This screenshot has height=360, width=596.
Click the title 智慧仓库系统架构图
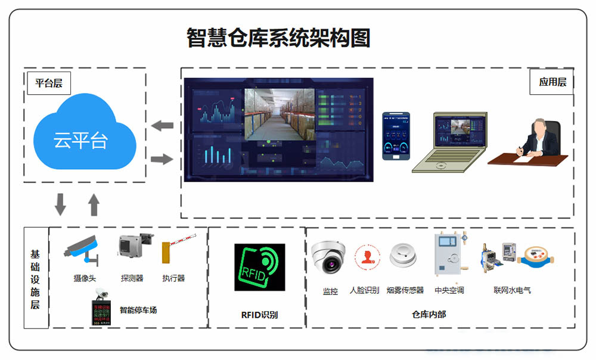[x=278, y=38]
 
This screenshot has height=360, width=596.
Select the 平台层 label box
[x=48, y=83]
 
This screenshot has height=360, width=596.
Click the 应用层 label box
[x=552, y=82]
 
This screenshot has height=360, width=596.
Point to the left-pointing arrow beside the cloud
[x=162, y=126]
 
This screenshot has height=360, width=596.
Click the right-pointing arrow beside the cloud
[x=162, y=159]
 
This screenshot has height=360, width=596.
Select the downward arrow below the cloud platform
[x=61, y=204]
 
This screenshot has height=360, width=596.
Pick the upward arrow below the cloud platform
[x=94, y=204]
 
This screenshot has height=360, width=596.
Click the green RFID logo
[x=259, y=267]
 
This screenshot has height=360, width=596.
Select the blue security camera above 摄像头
[x=83, y=249]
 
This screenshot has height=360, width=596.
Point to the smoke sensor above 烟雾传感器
[x=403, y=256]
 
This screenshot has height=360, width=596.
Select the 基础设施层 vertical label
[x=35, y=278]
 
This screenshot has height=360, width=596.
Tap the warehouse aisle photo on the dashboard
[x=279, y=114]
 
